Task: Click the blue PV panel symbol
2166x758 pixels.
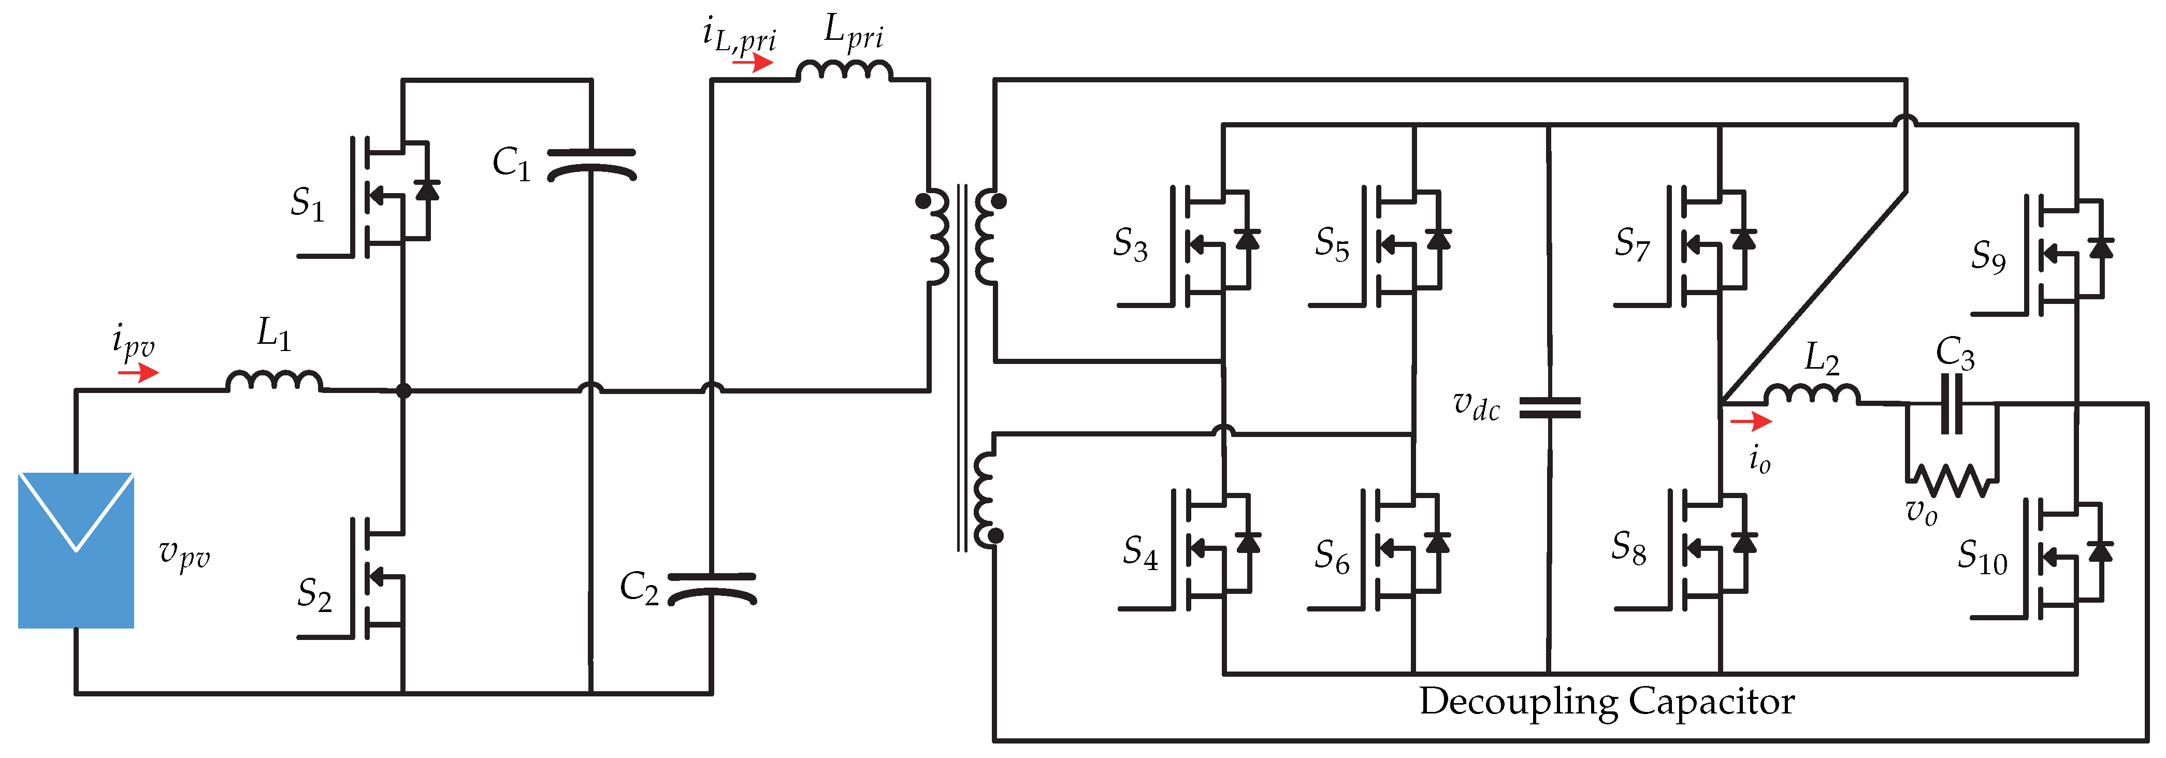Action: point(76,550)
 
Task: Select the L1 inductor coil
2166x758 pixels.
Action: point(274,382)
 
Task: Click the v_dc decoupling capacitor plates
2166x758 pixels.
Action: point(1550,409)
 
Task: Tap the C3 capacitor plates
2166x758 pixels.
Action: point(1951,404)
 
